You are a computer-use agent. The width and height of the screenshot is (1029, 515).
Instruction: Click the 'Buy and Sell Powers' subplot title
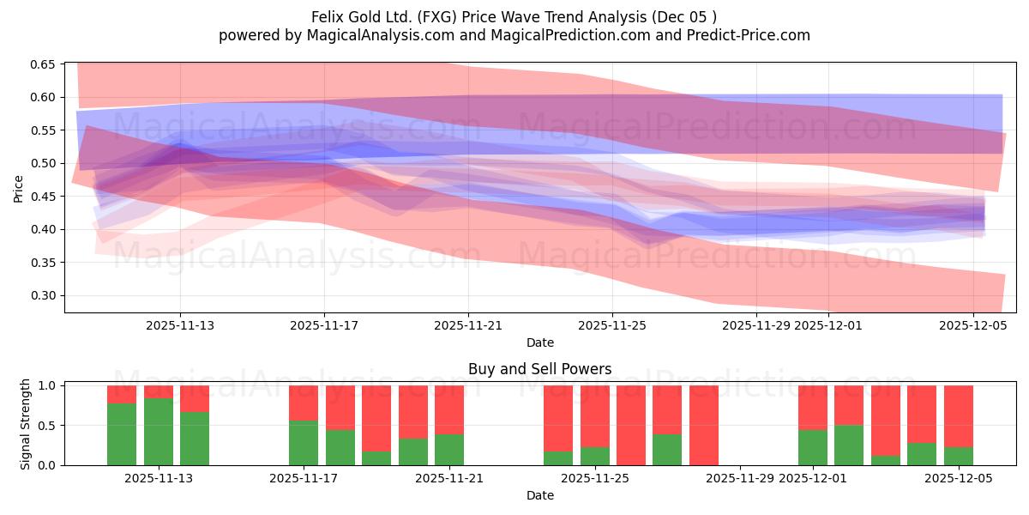point(539,369)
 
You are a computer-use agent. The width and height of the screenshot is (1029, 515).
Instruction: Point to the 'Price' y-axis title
point(19,188)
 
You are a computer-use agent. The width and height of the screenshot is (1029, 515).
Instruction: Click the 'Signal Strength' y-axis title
point(25,424)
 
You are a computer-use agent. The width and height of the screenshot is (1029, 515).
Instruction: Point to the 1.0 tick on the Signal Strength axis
point(48,385)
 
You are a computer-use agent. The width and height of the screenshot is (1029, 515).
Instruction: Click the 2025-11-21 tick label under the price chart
point(468,326)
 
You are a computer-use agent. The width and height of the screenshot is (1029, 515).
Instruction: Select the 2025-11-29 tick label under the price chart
point(756,326)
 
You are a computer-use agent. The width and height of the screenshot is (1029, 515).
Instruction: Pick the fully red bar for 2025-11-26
point(631,425)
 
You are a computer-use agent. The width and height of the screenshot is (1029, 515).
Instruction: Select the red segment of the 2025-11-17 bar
point(304,403)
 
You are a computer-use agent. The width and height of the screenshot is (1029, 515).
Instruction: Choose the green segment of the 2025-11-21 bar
point(449,450)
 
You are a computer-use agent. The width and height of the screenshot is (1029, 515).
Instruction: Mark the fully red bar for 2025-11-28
point(704,425)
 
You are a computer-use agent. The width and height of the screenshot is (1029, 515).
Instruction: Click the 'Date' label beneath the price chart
point(539,342)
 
